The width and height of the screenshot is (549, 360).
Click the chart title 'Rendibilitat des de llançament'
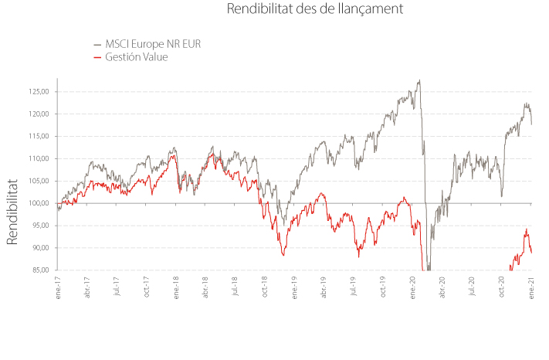315,8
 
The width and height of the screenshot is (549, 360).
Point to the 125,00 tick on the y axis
39,92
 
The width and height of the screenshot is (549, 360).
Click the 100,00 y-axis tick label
39,203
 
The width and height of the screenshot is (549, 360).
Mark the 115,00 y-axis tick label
39,136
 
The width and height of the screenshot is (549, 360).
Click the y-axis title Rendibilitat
12,212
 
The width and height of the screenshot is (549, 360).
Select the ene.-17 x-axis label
58,287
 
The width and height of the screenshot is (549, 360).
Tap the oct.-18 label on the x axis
265,287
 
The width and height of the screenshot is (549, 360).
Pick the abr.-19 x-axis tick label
324,287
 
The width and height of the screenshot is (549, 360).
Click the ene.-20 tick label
412,287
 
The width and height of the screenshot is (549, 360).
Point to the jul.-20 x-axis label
472,286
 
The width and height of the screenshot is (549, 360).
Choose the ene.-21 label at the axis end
531,287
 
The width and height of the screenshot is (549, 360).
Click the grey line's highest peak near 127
419,80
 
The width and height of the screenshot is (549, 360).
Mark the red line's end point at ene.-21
531,253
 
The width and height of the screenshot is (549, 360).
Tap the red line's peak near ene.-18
174,155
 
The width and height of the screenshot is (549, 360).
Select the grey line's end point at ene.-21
531,124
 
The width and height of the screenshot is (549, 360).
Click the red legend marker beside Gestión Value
97,57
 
